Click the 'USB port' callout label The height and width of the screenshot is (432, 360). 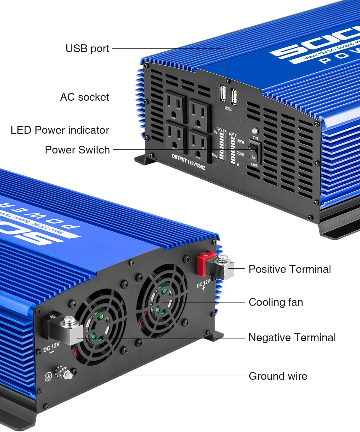click(x=87, y=48)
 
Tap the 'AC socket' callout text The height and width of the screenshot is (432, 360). click(x=85, y=97)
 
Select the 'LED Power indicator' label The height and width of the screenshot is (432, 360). click(x=60, y=130)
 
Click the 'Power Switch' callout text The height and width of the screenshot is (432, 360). click(x=77, y=150)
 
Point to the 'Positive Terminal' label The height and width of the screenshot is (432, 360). click(x=289, y=269)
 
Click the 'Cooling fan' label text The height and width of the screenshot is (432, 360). click(x=276, y=302)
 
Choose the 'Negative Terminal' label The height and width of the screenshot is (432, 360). click(x=292, y=338)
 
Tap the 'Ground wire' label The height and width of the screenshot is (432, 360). click(x=278, y=376)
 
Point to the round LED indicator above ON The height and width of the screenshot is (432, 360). click(x=255, y=131)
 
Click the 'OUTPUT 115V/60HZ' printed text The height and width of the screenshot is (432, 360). click(x=188, y=162)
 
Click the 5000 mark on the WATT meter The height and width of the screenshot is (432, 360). click(x=240, y=142)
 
